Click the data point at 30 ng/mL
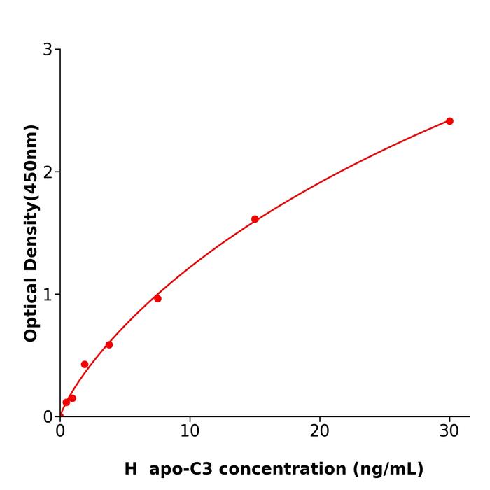[x=449, y=121]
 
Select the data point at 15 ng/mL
[x=255, y=219]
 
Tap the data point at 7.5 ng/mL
[x=157, y=299]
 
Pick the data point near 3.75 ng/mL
[x=109, y=344]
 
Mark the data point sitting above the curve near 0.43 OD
[x=85, y=365]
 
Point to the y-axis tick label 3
[x=48, y=50]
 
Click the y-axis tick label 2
[x=48, y=172]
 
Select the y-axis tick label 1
[x=48, y=295]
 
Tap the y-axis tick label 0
[x=48, y=417]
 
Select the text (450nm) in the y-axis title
[x=31, y=155]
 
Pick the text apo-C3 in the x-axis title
[x=176, y=469]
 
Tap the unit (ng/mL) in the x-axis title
[x=388, y=469]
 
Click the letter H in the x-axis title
[x=131, y=469]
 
